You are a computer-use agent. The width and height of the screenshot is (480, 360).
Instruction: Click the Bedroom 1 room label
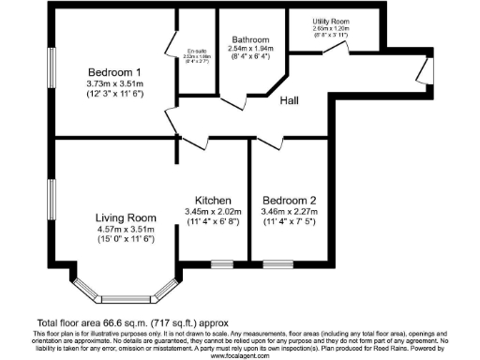pyautogui.click(x=114, y=72)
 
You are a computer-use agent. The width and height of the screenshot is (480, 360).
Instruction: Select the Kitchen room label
pyautogui.click(x=213, y=201)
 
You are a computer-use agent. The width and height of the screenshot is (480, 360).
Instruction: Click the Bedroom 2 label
pyautogui.click(x=290, y=201)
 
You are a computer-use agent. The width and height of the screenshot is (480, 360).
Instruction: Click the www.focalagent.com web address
pyautogui.click(x=240, y=355)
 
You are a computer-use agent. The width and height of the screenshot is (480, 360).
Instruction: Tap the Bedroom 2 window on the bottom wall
pyautogui.click(x=277, y=264)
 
